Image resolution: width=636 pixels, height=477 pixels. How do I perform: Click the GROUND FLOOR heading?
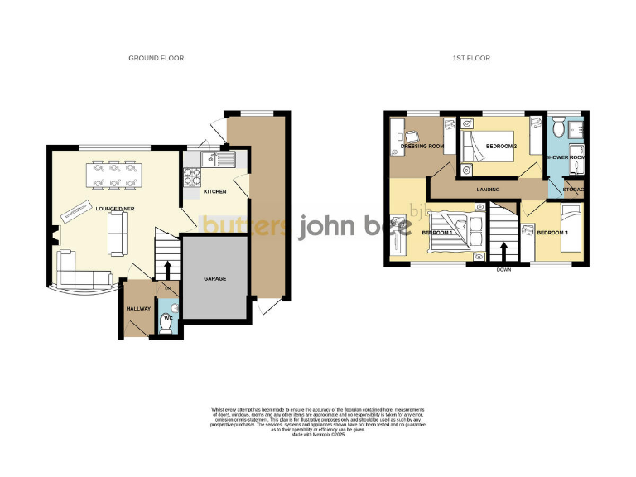156,58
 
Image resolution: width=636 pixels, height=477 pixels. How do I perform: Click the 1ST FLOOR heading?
471,58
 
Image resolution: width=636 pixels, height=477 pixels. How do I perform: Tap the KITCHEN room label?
215,192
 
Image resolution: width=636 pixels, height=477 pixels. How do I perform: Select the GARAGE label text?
215,278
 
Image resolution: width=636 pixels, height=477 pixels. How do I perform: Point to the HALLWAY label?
138,309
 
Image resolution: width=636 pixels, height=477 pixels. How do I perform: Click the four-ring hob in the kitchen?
192,176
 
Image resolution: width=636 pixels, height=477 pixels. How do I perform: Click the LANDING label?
488,190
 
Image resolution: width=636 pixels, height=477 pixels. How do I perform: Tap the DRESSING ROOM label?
422,147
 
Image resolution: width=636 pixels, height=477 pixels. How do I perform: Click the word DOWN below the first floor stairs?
503,270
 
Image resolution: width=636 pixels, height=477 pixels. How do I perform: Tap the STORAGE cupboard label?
574,190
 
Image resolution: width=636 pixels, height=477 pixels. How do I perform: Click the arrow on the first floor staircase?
503,248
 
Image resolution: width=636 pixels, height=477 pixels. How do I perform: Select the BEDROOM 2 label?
501,147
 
